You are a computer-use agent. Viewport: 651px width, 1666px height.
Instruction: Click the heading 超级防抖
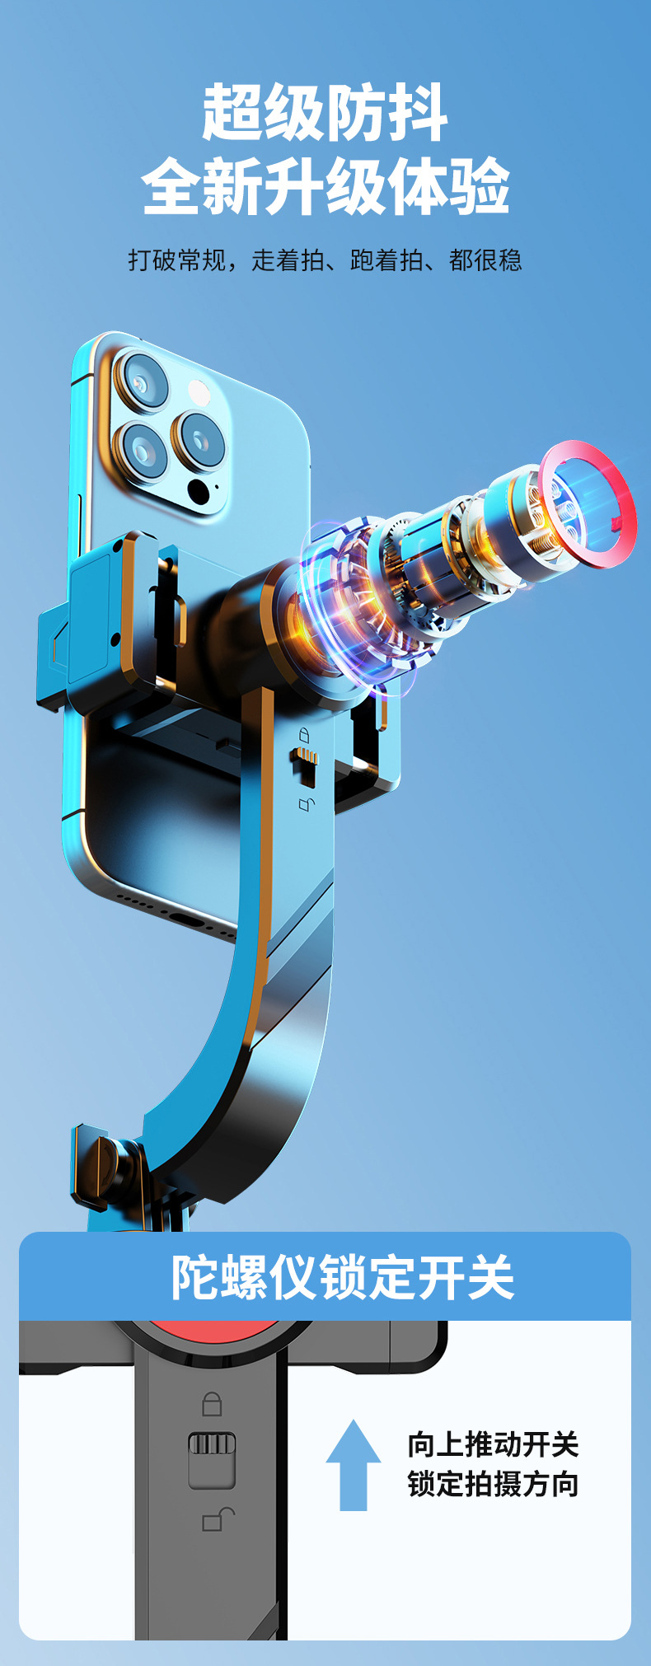[325, 112]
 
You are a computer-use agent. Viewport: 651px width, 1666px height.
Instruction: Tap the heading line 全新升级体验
[325, 187]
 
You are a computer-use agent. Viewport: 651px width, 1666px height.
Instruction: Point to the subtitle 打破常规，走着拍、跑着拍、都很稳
[325, 260]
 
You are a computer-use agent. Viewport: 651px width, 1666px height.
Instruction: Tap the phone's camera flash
[199, 392]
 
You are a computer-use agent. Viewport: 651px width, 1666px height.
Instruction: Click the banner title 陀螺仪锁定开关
[342, 1278]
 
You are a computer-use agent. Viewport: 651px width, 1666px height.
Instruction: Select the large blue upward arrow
[353, 1464]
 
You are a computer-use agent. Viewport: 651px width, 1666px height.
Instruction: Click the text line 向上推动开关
[493, 1444]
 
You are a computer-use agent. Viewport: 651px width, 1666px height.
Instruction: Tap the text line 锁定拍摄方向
[493, 1484]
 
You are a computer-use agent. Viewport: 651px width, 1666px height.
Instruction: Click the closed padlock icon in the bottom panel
[212, 1404]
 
